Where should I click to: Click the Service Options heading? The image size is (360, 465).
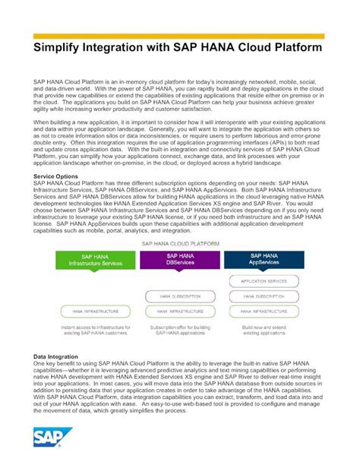coord(55,198)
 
